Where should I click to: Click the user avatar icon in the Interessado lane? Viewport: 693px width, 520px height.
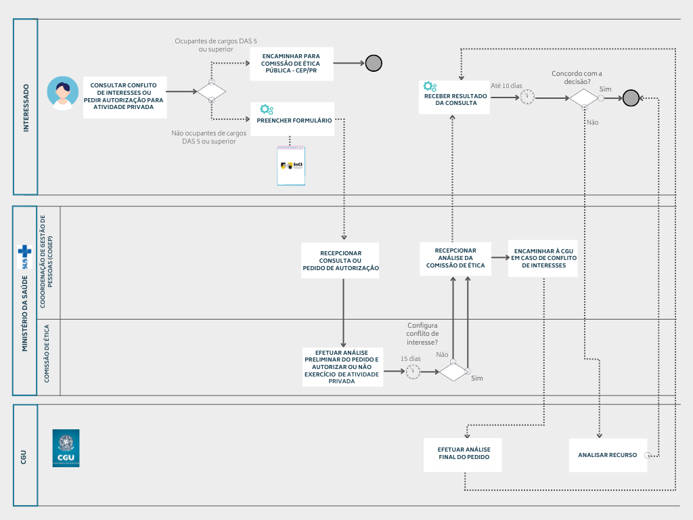click(62, 92)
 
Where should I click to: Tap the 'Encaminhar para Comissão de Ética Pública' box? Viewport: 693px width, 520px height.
click(292, 64)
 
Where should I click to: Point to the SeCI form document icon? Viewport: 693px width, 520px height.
click(291, 166)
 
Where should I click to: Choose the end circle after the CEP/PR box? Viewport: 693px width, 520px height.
click(374, 64)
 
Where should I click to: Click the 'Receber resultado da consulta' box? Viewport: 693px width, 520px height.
click(455, 97)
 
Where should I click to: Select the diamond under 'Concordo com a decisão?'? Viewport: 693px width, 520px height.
click(583, 98)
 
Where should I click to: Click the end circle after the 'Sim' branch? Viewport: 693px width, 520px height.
click(631, 98)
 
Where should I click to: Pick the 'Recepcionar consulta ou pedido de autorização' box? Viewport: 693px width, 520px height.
click(340, 260)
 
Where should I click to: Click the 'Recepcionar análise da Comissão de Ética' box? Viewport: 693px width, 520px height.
click(455, 258)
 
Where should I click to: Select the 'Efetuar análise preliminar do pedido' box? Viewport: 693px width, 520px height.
click(342, 367)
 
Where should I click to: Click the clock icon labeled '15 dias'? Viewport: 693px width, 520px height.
click(413, 371)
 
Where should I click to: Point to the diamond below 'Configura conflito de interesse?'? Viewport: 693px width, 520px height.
click(453, 371)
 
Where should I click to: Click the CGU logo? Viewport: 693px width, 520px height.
click(66, 448)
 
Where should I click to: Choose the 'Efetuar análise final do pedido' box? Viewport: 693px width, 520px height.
click(464, 454)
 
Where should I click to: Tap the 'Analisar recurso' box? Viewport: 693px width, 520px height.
click(607, 455)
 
